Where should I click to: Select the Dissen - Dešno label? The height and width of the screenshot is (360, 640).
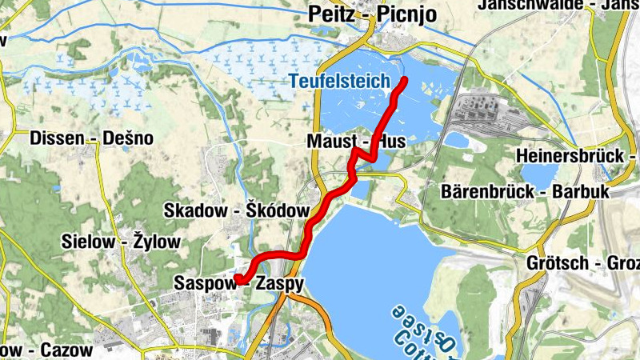(91, 138)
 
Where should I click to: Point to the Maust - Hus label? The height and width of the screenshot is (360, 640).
(356, 142)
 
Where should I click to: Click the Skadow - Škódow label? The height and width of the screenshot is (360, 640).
(236, 210)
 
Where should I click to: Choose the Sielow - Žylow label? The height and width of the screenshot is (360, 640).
(116, 241)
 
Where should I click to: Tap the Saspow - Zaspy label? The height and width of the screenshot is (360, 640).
(238, 283)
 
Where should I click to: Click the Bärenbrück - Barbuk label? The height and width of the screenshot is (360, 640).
(526, 192)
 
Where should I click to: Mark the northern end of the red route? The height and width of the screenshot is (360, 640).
(404, 79)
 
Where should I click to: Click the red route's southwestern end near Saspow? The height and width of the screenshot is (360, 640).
(238, 278)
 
